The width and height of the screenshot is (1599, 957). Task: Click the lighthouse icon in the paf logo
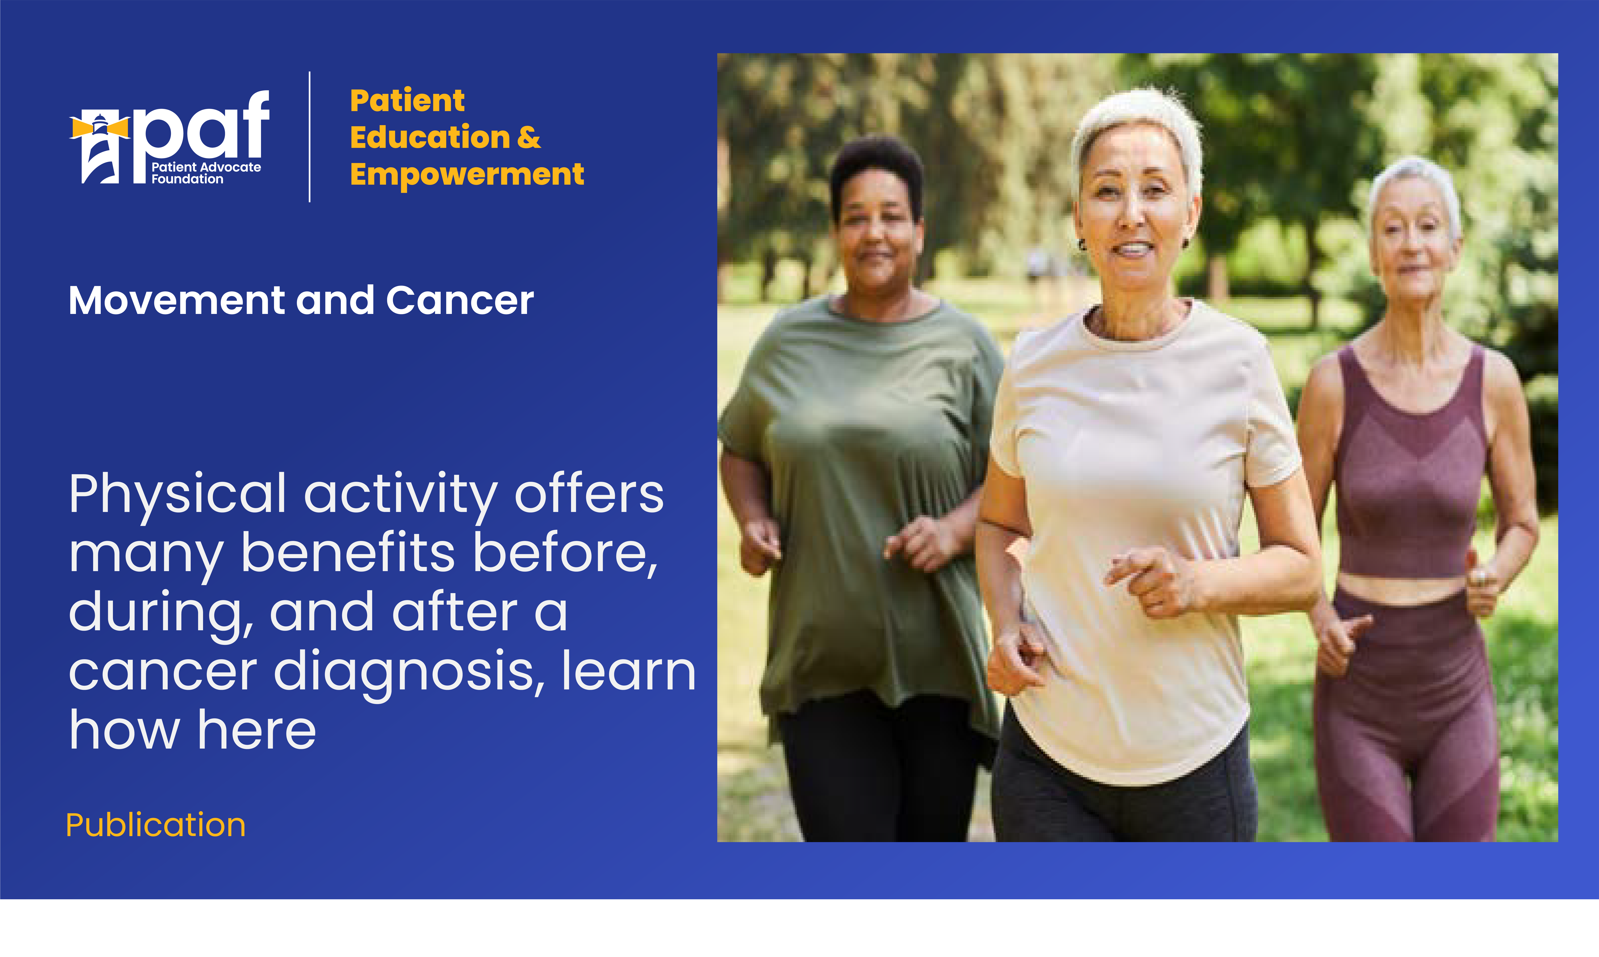pos(100,148)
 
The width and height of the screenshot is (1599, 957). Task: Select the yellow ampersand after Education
pos(529,137)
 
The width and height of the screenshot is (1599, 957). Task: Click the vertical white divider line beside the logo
pos(310,137)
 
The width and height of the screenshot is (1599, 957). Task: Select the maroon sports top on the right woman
pos(1411,464)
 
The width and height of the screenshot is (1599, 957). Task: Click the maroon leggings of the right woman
pos(1406,716)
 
